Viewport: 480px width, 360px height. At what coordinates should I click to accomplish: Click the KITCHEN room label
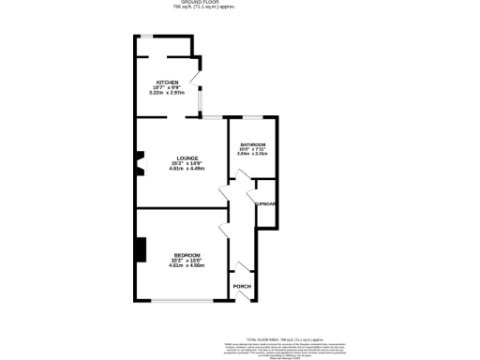click(168, 82)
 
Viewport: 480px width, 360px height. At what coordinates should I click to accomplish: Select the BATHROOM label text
click(252, 144)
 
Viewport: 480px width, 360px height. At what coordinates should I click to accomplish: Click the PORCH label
click(241, 285)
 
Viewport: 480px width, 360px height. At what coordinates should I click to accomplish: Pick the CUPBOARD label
click(265, 203)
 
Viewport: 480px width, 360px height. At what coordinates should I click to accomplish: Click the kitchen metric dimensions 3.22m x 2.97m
click(167, 93)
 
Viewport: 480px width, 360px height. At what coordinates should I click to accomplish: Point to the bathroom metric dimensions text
click(252, 155)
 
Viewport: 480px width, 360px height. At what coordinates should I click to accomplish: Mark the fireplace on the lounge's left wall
click(139, 164)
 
